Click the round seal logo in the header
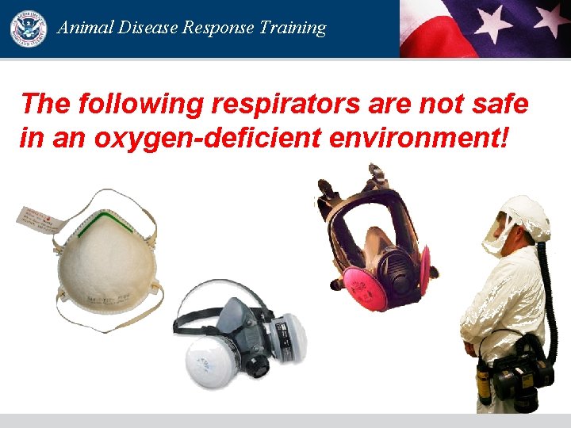(x=29, y=29)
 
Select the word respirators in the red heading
(x=263, y=104)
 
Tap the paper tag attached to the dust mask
(x=40, y=222)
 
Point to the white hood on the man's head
(x=527, y=215)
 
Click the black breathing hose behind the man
(x=546, y=285)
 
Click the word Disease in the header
(x=149, y=28)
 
